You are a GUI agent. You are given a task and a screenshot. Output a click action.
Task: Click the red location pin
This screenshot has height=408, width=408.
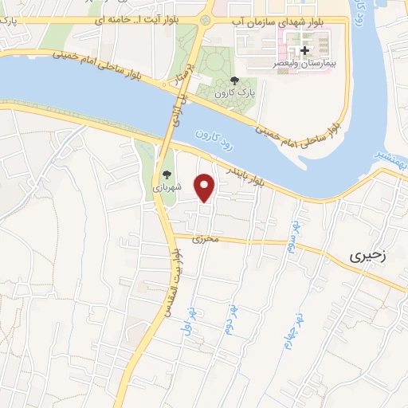point(206,187)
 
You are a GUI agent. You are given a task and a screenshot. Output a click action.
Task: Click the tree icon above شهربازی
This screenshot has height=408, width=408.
point(167,174)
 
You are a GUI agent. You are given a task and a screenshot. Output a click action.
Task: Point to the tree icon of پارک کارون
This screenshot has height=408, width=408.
point(233,80)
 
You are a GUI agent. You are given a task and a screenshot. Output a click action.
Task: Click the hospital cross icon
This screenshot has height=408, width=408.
point(304,50)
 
